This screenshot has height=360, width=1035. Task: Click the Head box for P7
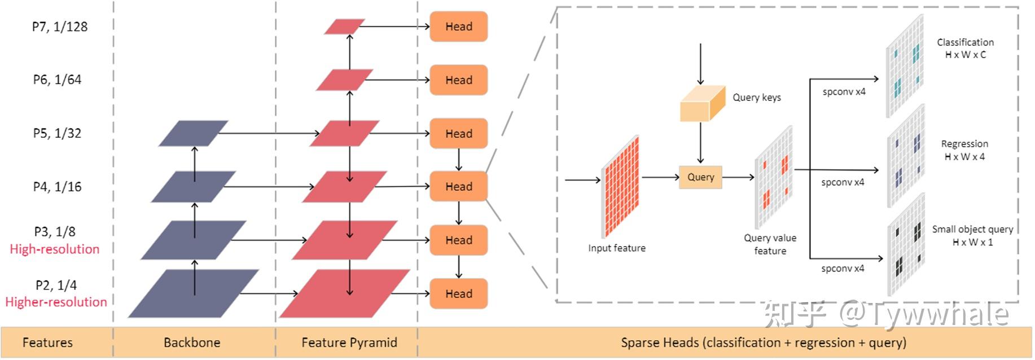click(458, 27)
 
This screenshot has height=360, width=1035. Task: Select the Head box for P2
click(458, 293)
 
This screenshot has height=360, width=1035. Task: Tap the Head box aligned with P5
click(458, 134)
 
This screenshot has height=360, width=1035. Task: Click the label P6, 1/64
click(57, 80)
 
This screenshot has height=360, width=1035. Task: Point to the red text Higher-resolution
click(56, 302)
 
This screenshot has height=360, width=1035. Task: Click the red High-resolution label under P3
click(55, 249)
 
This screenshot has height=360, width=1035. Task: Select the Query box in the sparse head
click(700, 177)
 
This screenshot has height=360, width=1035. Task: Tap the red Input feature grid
click(620, 186)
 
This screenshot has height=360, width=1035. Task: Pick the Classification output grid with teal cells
click(905, 66)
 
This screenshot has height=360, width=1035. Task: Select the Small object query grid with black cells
click(906, 244)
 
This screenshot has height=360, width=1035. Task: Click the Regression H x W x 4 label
click(964, 150)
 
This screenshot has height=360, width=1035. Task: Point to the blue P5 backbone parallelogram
click(193, 133)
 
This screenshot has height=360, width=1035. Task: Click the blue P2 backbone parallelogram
click(193, 293)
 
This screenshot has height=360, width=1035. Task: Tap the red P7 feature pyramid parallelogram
click(344, 27)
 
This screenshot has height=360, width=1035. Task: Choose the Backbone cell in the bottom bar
click(192, 343)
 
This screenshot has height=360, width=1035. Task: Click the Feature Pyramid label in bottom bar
click(349, 343)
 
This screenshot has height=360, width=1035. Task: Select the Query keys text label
click(757, 98)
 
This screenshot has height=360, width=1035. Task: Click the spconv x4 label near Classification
click(844, 91)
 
